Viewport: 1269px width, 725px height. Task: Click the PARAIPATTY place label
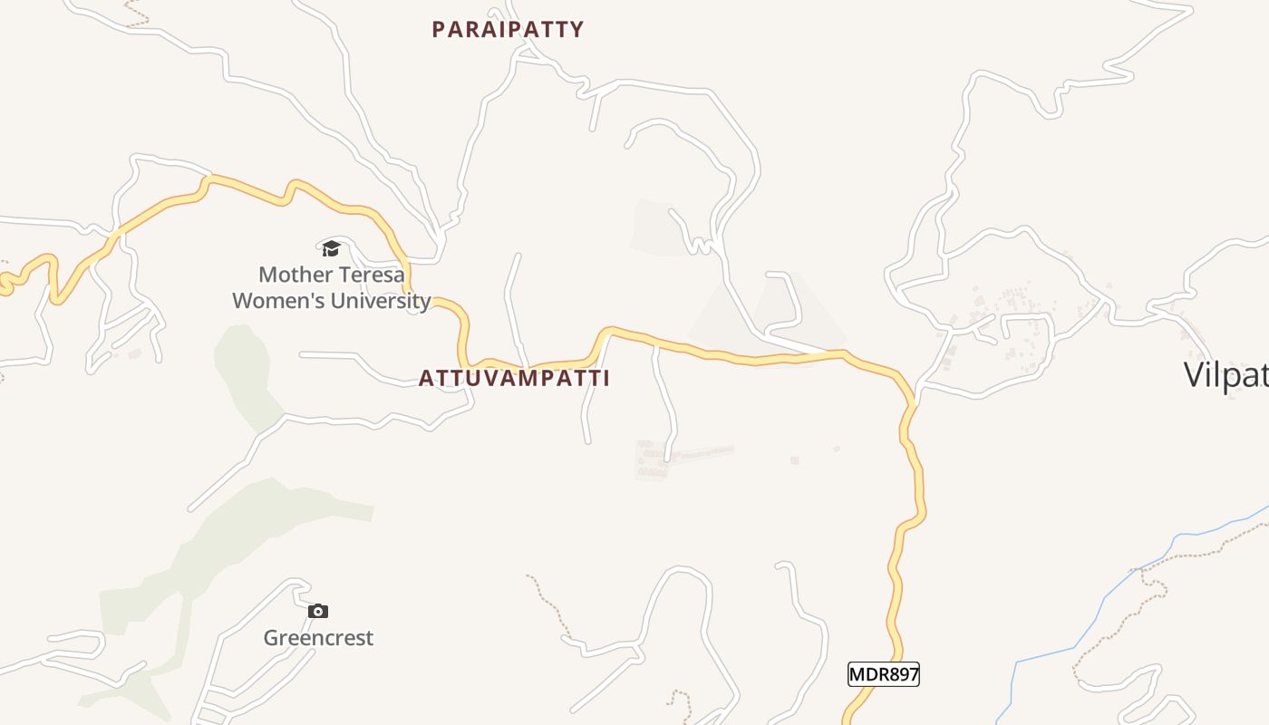(508, 30)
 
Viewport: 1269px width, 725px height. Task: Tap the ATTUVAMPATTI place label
(514, 379)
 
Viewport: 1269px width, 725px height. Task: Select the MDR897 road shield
(884, 674)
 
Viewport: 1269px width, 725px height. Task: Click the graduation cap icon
(331, 248)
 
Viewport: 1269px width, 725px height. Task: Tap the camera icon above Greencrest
(317, 612)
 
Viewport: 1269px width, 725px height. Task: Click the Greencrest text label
(318, 638)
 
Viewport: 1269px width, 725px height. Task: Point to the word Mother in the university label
(292, 275)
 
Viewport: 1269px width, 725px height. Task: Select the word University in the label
(380, 301)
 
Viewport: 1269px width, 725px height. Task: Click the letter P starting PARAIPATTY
(439, 30)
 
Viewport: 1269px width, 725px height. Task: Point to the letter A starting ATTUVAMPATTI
(425, 379)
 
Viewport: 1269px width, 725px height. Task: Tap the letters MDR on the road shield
(867, 674)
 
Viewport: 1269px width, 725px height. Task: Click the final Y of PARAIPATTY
(576, 30)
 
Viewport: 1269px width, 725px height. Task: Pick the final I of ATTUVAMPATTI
(605, 379)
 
